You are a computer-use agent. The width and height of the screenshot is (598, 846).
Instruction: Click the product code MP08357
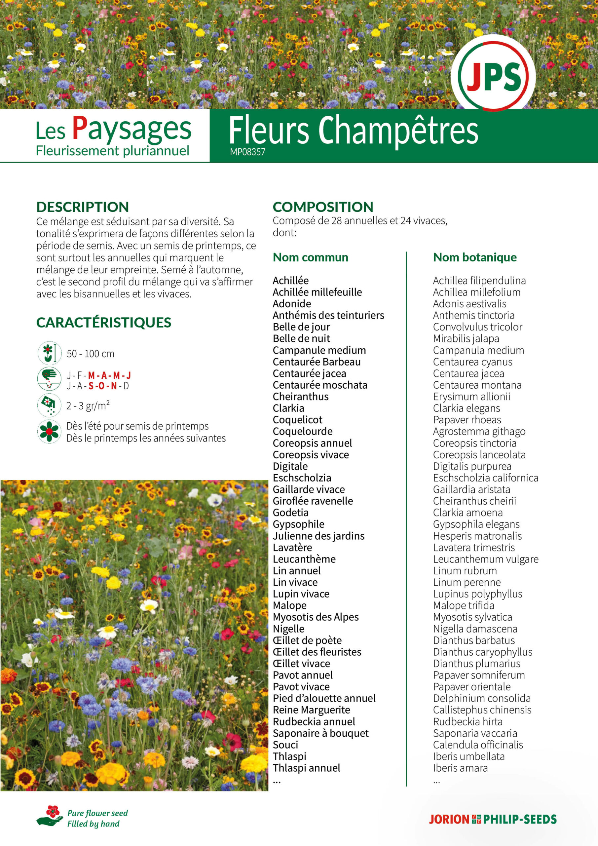(x=247, y=152)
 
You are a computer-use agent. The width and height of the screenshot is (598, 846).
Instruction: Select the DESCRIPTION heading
(x=83, y=207)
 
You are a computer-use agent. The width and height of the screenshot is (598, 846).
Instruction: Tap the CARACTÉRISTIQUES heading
(x=103, y=323)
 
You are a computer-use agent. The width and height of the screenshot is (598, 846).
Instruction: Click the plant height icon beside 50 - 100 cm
(x=49, y=353)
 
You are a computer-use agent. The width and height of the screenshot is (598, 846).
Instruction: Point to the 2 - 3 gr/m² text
(x=88, y=406)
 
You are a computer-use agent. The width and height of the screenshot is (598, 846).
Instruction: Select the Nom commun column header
(x=310, y=257)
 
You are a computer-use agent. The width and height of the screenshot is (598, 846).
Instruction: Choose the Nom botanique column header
(x=474, y=257)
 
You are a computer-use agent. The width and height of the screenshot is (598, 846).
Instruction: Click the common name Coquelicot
(x=297, y=420)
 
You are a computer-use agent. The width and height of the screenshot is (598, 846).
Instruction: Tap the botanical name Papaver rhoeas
(x=467, y=420)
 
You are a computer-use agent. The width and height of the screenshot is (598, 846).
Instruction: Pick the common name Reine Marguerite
(x=311, y=710)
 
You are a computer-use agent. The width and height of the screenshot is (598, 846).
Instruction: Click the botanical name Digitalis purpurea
(x=472, y=466)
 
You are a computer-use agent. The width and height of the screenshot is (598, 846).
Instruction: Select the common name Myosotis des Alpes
(x=316, y=617)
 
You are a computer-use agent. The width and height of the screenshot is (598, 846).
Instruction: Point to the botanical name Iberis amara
(x=460, y=768)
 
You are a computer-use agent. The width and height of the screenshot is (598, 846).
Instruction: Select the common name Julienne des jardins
(x=318, y=536)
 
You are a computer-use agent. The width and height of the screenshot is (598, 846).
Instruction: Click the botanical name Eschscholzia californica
(x=486, y=478)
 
